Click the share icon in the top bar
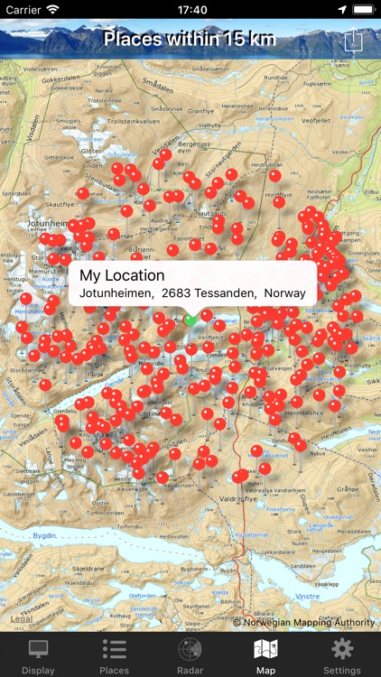[x=354, y=41]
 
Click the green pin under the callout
[x=190, y=320]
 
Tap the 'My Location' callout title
[x=122, y=275]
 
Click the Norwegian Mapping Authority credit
[x=303, y=622]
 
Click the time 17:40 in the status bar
[x=190, y=10]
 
